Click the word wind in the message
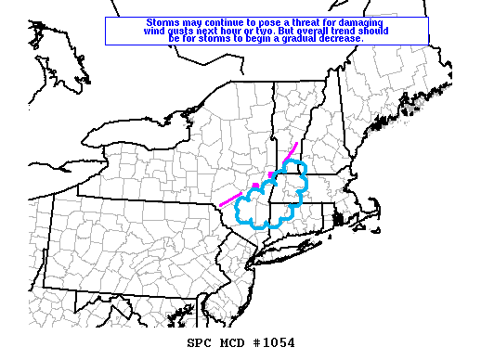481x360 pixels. click(156, 31)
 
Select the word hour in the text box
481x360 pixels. click(241, 31)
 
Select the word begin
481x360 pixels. click(243, 39)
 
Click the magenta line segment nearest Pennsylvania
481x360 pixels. click(229, 199)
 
